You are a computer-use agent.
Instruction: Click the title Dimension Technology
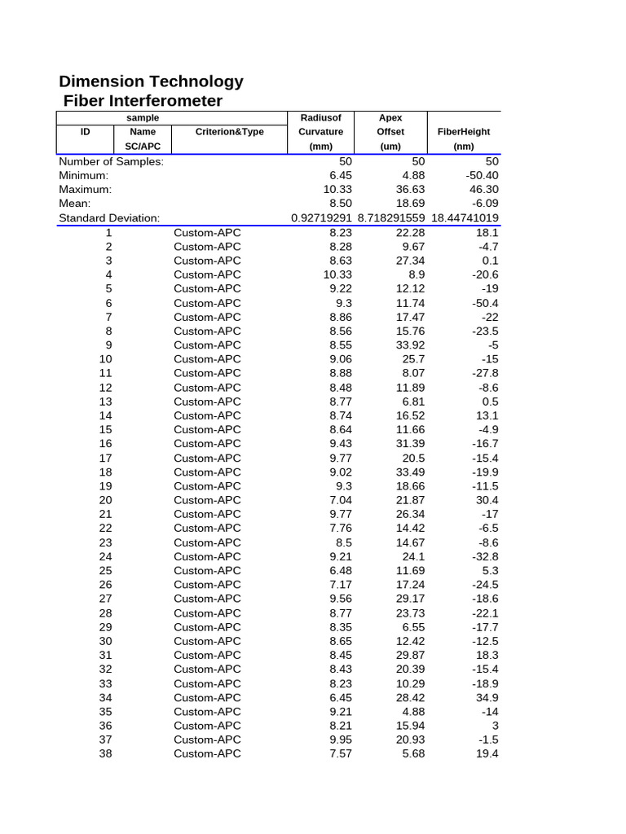[x=151, y=81]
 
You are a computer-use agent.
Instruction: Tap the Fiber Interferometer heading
[x=143, y=101]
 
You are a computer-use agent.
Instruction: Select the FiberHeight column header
[x=464, y=132]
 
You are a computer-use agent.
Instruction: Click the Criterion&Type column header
[x=230, y=132]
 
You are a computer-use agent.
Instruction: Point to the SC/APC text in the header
[x=143, y=147]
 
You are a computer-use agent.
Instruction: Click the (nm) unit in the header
[x=464, y=147]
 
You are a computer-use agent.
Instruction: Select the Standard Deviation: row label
[x=109, y=218]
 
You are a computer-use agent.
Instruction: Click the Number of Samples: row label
[x=111, y=162]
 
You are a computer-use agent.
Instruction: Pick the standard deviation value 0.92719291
[x=321, y=218]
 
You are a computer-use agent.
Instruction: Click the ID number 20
[x=106, y=500]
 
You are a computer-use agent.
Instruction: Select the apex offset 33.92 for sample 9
[x=409, y=345]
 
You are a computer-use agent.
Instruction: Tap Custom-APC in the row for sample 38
[x=207, y=753]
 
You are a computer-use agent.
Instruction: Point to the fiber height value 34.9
[x=487, y=697]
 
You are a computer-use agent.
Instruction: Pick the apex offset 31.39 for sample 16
[x=409, y=444]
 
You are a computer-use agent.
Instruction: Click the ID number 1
[x=109, y=233]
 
